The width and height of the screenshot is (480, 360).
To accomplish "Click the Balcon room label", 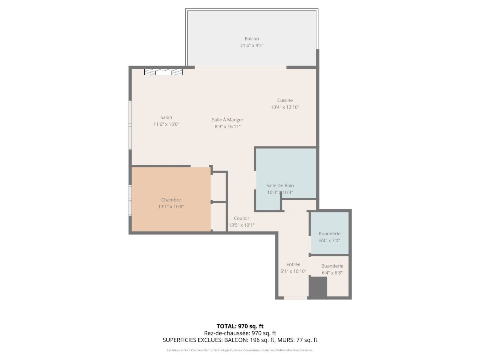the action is coord(252,39).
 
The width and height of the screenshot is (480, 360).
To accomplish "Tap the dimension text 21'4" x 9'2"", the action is coord(252,46).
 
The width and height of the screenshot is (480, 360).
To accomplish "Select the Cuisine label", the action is coord(285,100).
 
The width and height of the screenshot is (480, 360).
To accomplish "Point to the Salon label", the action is coord(166,117).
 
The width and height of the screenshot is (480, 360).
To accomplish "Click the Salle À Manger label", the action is coord(227,119).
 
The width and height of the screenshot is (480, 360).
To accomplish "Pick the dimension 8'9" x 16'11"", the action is coord(227,126).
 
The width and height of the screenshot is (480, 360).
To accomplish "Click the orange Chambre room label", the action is coord(171,200).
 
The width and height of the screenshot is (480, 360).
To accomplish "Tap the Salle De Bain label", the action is coord(280,186).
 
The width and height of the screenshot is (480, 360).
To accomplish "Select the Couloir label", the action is coord(241,218).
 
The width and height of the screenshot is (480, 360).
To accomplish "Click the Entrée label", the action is coord(293,264).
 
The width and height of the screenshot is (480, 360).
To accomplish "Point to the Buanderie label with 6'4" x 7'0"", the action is coord(329,234).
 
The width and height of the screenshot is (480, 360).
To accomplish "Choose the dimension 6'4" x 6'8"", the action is coord(332,273).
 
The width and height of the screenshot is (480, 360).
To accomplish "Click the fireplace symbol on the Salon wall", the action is coord(163,72).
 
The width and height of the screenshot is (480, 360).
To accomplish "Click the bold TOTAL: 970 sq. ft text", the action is coord(240,326).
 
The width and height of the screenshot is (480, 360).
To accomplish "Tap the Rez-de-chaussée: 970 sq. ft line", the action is coord(240,333).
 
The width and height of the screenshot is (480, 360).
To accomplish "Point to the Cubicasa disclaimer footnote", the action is coord(240,350).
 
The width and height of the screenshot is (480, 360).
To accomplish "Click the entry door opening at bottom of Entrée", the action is coord(295,298).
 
